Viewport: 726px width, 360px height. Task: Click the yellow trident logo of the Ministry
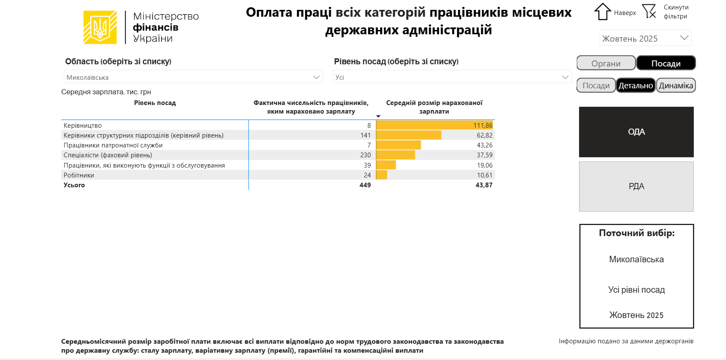coord(100,27)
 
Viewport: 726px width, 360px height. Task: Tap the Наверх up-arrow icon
coord(602,12)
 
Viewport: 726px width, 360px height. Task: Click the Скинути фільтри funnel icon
coord(649,11)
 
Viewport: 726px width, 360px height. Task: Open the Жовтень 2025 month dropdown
coord(645,38)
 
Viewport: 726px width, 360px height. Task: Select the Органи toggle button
coord(606,63)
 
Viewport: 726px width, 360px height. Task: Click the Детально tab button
coord(636,85)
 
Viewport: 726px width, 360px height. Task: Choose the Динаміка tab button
coord(675,85)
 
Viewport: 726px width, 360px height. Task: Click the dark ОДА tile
coord(636,132)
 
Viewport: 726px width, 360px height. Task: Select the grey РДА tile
coord(636,186)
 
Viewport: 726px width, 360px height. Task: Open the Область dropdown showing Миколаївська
coord(193,77)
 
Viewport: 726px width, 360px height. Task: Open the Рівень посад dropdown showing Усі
coord(452,77)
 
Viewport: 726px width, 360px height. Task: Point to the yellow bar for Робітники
coord(381,175)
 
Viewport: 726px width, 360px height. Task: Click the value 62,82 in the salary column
coord(484,135)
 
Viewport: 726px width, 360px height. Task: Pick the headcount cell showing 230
coord(365,155)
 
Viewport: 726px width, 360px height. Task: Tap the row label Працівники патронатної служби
coord(113,145)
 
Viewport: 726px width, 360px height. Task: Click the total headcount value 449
coord(365,185)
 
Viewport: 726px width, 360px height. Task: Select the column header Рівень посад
coord(155,103)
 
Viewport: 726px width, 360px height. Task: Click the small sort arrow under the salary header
coord(378,116)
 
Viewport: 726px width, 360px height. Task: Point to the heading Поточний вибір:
coord(636,233)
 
